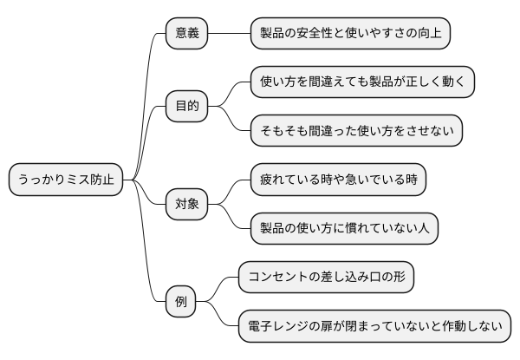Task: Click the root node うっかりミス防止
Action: pos(65,180)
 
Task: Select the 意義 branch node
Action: pos(187,33)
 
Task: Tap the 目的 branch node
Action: pos(187,107)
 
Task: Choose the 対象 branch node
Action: pos(187,205)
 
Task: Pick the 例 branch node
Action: pos(180,303)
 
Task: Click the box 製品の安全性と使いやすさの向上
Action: pos(350,33)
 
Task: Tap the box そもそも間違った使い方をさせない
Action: pos(356,131)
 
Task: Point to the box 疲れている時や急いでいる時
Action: pos(338,180)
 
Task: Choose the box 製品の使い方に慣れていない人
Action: pos(344,229)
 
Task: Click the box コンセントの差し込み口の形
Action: pos(326,278)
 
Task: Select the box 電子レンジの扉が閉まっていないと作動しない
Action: pos(374,327)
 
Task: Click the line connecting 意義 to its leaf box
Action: pos(230,33)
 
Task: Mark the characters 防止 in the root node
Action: pos(101,180)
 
